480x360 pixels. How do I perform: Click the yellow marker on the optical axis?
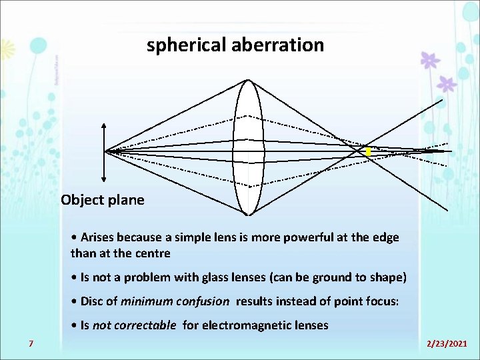pos(368,152)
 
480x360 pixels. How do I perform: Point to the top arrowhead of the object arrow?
pos(104,126)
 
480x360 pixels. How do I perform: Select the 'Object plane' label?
pos(102,200)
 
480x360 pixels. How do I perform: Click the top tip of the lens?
pos(248,81)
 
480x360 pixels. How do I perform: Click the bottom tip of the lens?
pos(248,214)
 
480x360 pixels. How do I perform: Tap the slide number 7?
pos(31,343)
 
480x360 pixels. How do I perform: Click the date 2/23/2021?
pos(447,343)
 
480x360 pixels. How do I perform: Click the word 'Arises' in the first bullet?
pos(99,238)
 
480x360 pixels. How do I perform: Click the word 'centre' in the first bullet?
pos(154,253)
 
